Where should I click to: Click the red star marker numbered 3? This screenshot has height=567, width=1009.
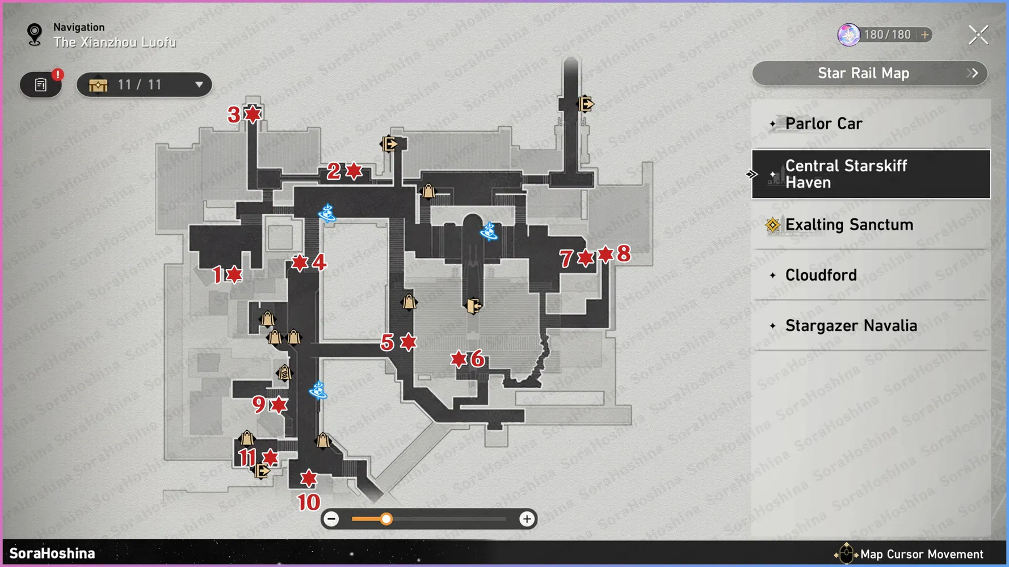click(x=253, y=114)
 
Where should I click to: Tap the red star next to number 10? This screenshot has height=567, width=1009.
click(x=309, y=478)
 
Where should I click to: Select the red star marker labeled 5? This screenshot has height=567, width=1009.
click(x=408, y=341)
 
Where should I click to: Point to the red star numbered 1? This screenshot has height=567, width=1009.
click(x=234, y=274)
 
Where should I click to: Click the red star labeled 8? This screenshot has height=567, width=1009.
click(x=606, y=254)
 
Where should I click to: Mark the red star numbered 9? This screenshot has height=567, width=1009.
click(x=279, y=405)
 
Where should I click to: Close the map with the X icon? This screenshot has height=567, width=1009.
click(x=978, y=35)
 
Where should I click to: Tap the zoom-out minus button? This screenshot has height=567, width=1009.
click(x=332, y=519)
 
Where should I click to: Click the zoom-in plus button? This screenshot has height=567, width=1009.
click(x=527, y=519)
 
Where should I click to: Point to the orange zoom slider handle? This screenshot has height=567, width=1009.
click(x=386, y=519)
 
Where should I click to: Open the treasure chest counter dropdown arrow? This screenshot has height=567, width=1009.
click(x=199, y=85)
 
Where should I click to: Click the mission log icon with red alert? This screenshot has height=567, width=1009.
click(x=41, y=85)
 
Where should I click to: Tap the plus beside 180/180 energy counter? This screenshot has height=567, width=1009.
click(x=925, y=35)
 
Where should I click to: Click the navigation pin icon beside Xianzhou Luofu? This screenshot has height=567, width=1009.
click(x=35, y=35)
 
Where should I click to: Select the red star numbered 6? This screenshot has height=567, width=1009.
click(x=459, y=359)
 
